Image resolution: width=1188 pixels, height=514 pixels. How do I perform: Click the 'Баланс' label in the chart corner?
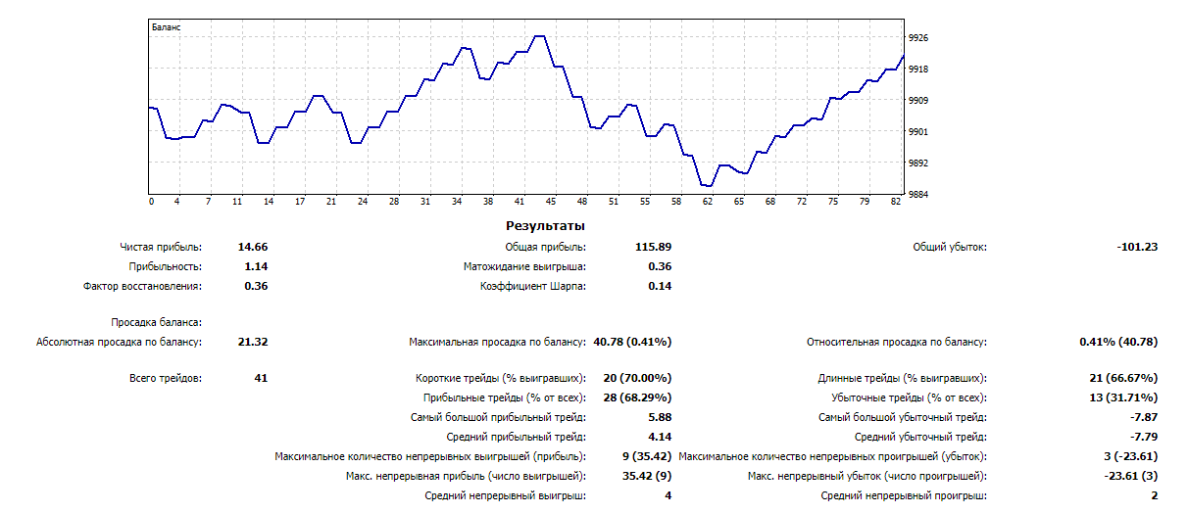pyautogui.click(x=167, y=27)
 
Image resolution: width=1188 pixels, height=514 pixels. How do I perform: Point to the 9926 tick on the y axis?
pyautogui.click(x=918, y=37)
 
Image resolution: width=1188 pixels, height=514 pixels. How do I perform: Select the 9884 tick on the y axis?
pyautogui.click(x=918, y=194)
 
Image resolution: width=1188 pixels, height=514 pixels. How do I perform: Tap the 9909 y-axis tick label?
pyautogui.click(x=918, y=100)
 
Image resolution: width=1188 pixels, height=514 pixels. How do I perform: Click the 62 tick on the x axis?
pyautogui.click(x=708, y=202)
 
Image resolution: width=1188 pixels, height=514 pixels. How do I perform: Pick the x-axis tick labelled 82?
pyautogui.click(x=896, y=202)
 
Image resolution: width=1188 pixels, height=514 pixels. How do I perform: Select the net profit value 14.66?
pyautogui.click(x=253, y=247)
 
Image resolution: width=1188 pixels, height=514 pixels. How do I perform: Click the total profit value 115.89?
pyautogui.click(x=653, y=247)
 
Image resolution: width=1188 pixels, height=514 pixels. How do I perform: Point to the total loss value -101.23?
pyautogui.click(x=1137, y=247)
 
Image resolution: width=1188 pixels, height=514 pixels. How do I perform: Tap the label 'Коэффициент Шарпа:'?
pyautogui.click(x=532, y=286)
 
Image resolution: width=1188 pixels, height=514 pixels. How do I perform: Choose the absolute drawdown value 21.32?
pyautogui.click(x=253, y=342)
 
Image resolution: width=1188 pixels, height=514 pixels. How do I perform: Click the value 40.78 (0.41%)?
pyautogui.click(x=632, y=342)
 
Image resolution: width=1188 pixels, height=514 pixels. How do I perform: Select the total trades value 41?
pyautogui.click(x=260, y=378)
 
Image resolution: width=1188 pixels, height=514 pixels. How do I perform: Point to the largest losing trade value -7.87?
pyautogui.click(x=1143, y=417)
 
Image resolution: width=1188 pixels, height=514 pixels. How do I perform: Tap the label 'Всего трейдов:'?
pyautogui.click(x=166, y=378)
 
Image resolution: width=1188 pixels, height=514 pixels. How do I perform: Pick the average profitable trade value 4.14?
pyautogui.click(x=659, y=437)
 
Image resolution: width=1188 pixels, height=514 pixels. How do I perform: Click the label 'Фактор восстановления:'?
pyautogui.click(x=142, y=286)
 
